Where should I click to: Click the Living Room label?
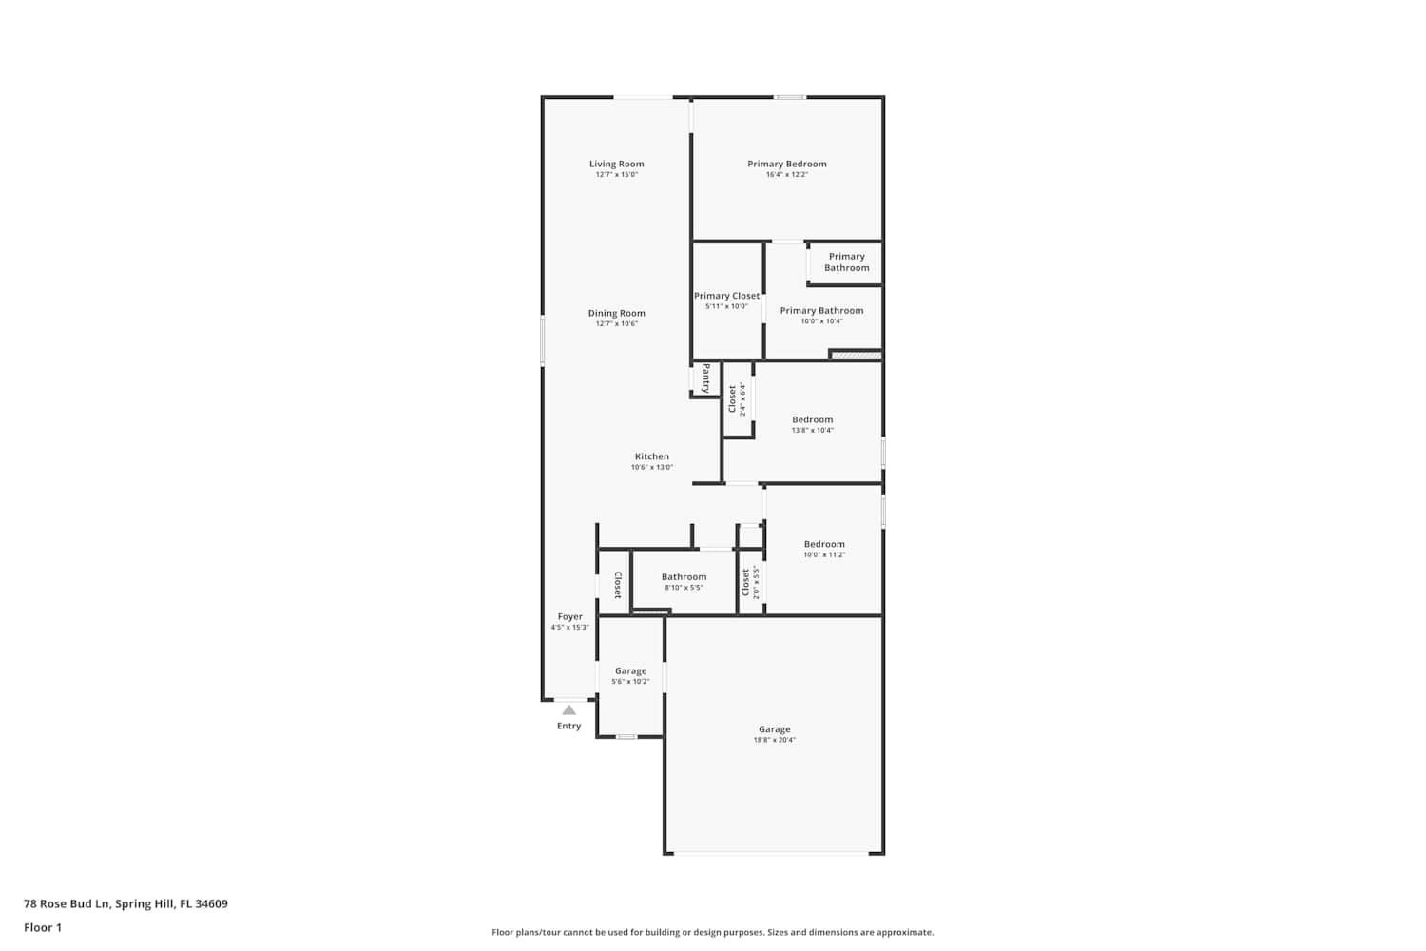point(616,164)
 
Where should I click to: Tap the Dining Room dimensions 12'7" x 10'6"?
point(616,323)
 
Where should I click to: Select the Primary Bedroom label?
point(787,164)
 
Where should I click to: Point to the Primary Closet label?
point(726,296)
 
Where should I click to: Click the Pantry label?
point(706,378)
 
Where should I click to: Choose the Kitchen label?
point(652,456)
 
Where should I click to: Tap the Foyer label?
point(569,616)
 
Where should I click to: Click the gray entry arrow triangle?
point(569,709)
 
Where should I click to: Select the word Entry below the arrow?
point(569,726)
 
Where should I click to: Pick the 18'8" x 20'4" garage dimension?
point(774,740)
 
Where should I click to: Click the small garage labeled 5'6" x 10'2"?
point(630,676)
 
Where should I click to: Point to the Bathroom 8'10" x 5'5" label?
point(684,582)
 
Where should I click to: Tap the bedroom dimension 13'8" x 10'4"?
point(812,430)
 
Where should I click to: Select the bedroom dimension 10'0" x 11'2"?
point(824,554)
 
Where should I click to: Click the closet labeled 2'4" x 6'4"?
point(737,398)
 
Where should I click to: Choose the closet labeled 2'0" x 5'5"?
point(750,582)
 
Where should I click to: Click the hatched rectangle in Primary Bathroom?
point(857,355)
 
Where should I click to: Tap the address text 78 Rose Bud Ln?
point(67,903)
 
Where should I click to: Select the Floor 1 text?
point(43,927)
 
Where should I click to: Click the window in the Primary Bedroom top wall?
point(789,97)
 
